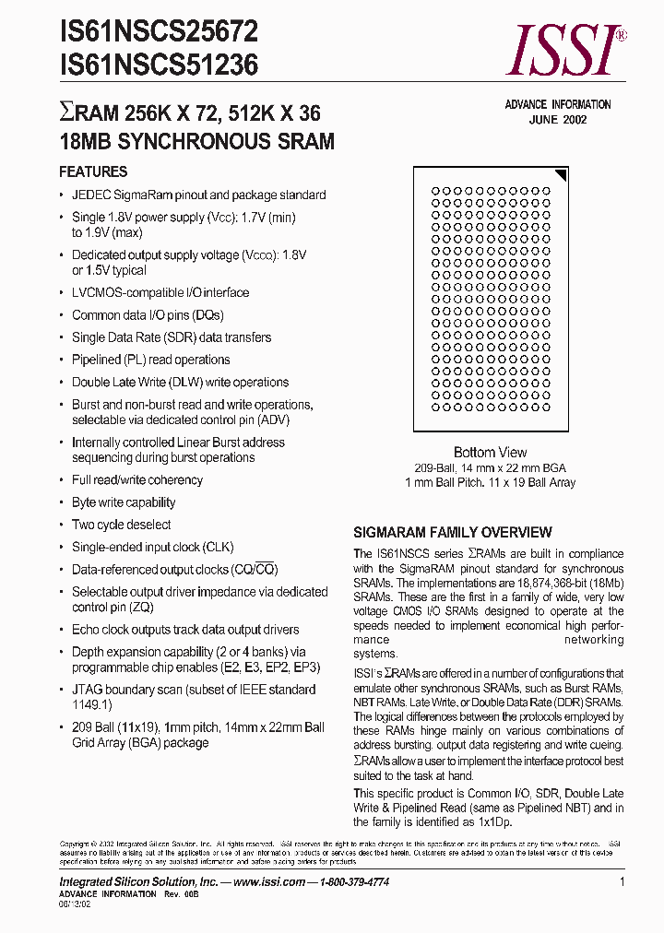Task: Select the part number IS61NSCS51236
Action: pyautogui.click(x=159, y=65)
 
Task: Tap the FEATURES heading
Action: pyautogui.click(x=93, y=172)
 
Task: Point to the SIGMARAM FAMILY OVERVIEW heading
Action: pyautogui.click(x=453, y=533)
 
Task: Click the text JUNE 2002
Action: pyautogui.click(x=557, y=120)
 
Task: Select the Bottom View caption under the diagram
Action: pyautogui.click(x=490, y=453)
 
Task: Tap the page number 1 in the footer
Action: pyautogui.click(x=622, y=882)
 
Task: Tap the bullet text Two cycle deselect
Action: pyautogui.click(x=122, y=526)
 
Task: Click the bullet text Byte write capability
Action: pyautogui.click(x=124, y=502)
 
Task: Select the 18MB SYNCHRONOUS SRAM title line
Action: pyautogui.click(x=196, y=142)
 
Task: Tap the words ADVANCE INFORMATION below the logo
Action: pyautogui.click(x=557, y=105)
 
